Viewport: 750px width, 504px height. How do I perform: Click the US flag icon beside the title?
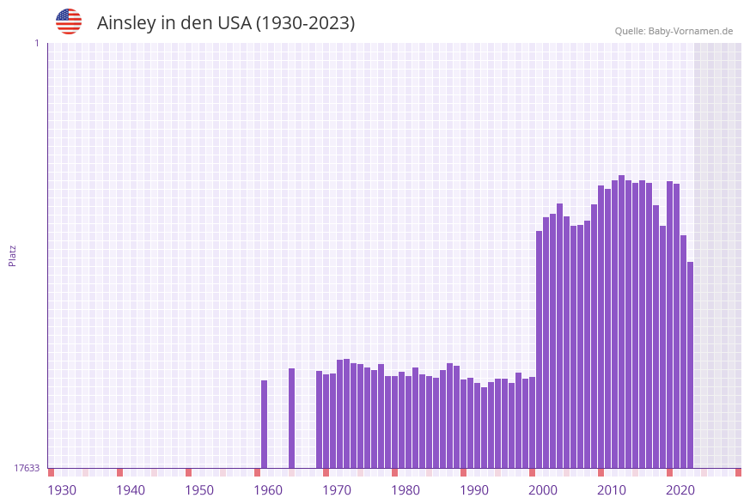(x=69, y=21)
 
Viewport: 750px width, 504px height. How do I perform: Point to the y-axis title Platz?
(x=13, y=255)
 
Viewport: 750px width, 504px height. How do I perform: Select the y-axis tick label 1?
(x=36, y=43)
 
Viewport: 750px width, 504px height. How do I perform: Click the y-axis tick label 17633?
(x=27, y=468)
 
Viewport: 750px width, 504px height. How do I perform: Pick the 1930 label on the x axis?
(x=62, y=490)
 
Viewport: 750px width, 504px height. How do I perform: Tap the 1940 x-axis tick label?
(x=131, y=490)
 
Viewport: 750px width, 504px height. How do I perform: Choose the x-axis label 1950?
(x=199, y=490)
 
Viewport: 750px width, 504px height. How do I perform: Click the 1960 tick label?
(x=268, y=490)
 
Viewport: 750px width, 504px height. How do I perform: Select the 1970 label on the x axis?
(x=337, y=490)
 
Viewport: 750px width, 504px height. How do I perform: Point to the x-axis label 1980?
(x=405, y=490)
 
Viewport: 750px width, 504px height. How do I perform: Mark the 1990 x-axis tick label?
(x=474, y=490)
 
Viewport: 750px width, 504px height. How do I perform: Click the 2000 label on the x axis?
(x=543, y=490)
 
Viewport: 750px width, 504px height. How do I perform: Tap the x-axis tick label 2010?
(x=612, y=490)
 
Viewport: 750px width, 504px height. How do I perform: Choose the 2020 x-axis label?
(x=680, y=490)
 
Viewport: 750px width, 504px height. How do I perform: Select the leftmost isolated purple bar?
(x=265, y=424)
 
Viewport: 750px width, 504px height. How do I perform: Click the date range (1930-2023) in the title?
(x=306, y=23)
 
